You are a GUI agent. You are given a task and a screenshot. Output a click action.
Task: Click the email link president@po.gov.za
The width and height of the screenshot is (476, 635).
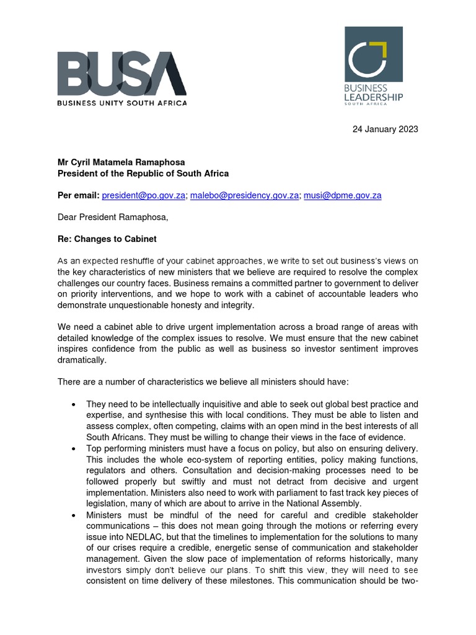point(144,195)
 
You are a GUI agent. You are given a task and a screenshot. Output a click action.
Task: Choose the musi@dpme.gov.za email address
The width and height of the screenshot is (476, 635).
point(342,195)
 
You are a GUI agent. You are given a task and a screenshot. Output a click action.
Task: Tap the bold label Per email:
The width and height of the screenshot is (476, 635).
point(78,195)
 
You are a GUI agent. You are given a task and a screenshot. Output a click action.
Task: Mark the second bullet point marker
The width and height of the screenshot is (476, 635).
point(74,448)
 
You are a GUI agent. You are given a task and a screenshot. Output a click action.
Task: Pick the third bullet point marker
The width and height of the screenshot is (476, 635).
point(74,515)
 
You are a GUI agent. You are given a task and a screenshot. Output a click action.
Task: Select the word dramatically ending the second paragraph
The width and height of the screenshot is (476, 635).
point(82,360)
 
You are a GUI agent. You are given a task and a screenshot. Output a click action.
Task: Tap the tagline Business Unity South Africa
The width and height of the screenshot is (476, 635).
point(121,103)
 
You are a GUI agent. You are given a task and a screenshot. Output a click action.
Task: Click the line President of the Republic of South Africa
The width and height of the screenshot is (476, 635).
point(143,174)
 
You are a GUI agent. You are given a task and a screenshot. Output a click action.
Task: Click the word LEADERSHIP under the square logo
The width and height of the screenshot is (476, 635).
point(374,97)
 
